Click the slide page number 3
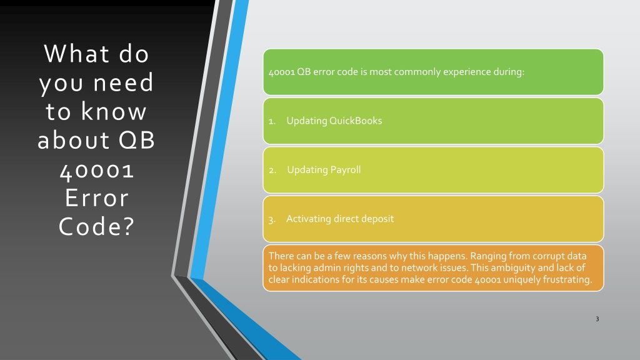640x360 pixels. (597, 319)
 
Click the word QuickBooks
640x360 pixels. (356, 121)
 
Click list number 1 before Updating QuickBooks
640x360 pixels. (272, 121)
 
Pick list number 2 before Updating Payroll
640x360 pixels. (272, 170)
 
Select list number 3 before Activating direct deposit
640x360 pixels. (272, 219)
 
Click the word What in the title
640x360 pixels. (76, 54)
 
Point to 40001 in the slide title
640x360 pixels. (97, 170)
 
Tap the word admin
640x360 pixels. (327, 267)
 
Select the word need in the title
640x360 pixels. (123, 82)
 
